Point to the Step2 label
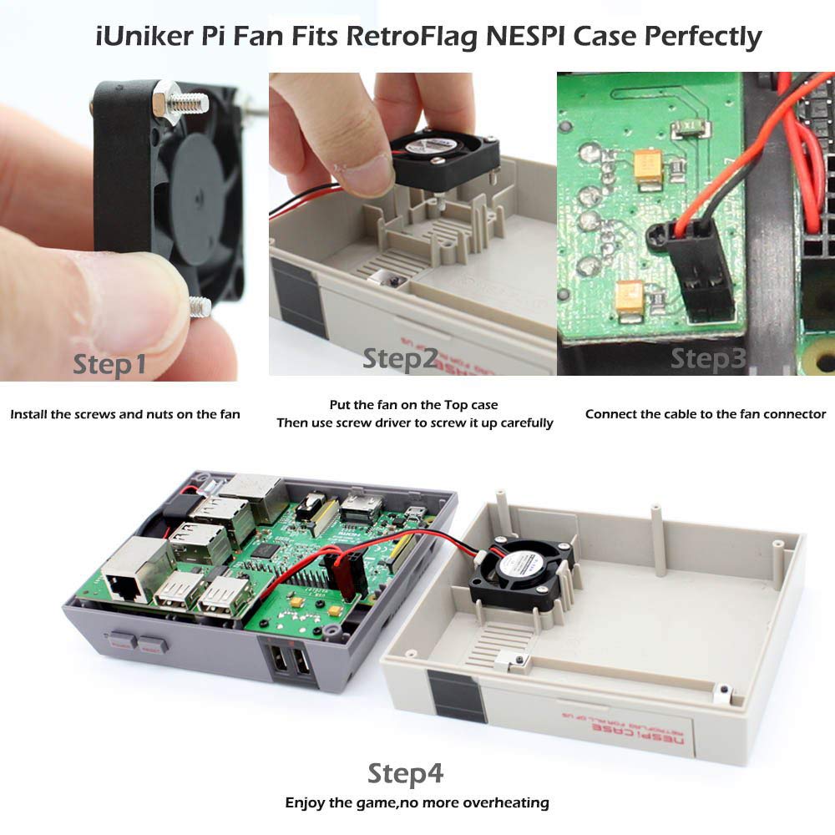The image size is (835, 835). tap(400, 359)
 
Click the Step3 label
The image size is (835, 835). tap(708, 358)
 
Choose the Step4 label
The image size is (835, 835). tap(406, 773)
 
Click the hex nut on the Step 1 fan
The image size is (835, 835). tap(164, 101)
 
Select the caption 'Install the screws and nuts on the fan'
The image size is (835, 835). tap(125, 414)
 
